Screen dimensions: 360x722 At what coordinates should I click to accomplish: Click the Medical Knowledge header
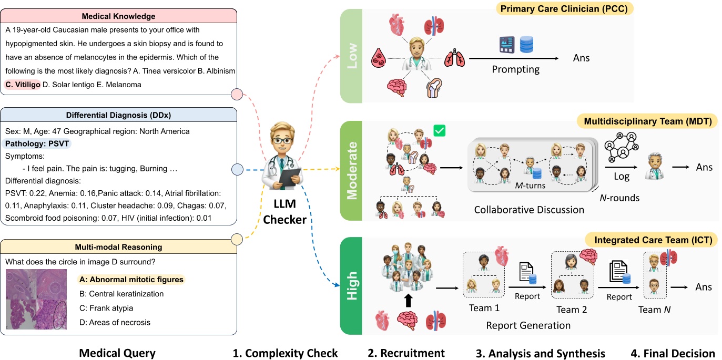tap(118, 16)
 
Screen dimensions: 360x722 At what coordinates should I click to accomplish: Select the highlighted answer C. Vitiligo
tap(23, 84)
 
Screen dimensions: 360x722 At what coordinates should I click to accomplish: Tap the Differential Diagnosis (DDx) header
tap(118, 115)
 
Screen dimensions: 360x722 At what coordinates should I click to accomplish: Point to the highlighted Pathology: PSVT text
tap(37, 143)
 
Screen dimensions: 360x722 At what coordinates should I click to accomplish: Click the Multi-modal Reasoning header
tap(118, 246)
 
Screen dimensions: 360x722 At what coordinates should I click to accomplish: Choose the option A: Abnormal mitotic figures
tap(131, 280)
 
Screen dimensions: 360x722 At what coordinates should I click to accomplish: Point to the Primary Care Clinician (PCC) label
tap(566, 9)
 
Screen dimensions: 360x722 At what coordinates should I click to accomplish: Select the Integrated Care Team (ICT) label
tap(653, 240)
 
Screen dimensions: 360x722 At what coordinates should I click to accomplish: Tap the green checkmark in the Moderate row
tap(439, 130)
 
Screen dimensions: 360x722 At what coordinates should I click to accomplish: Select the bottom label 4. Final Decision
tap(673, 353)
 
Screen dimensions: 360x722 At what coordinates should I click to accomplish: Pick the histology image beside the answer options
tap(36, 299)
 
